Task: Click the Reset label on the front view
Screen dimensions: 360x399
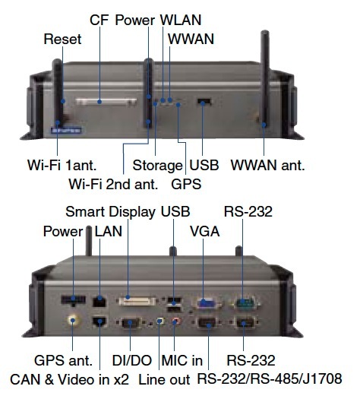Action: pyautogui.click(x=62, y=40)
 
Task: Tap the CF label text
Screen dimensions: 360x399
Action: pyautogui.click(x=99, y=20)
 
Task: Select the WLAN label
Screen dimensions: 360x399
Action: pyautogui.click(x=181, y=20)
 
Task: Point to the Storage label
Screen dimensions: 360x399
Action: pyautogui.click(x=158, y=166)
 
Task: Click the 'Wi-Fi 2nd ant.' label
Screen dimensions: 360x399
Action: pyautogui.click(x=113, y=184)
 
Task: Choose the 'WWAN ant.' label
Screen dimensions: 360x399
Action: pyautogui.click(x=267, y=165)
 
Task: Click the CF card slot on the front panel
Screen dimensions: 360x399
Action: pyautogui.click(x=106, y=102)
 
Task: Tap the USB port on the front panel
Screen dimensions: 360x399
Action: pyautogui.click(x=204, y=102)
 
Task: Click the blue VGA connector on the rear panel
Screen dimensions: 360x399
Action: pyautogui.click(x=205, y=303)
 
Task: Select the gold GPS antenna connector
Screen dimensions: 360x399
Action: pyautogui.click(x=73, y=320)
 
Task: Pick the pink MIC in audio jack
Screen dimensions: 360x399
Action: pyautogui.click(x=175, y=321)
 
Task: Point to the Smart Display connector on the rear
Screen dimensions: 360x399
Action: pyautogui.click(x=137, y=301)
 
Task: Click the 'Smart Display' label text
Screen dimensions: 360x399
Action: pyautogui.click(x=111, y=212)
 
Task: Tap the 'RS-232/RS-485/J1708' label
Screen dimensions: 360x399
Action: pyautogui.click(x=270, y=378)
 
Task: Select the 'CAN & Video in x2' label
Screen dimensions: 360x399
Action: pyautogui.click(x=69, y=379)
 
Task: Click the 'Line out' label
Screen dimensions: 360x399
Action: pyautogui.click(x=164, y=379)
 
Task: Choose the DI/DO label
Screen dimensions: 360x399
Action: pyautogui.click(x=132, y=360)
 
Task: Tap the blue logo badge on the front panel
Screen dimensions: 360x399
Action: pyautogui.click(x=66, y=131)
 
